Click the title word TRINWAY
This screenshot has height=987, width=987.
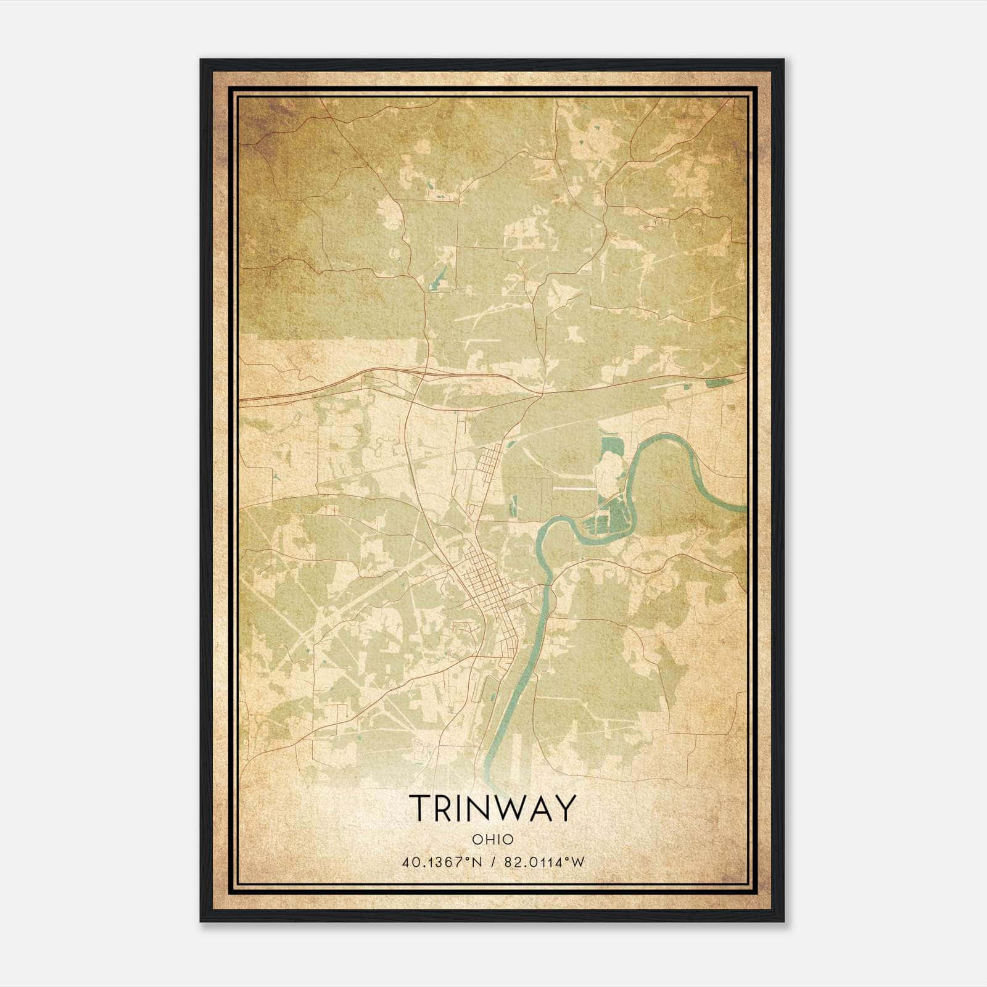pos(492,807)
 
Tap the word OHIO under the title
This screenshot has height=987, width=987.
pos(492,839)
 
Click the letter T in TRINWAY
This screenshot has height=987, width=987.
pos(419,807)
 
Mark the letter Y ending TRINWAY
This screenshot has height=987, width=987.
pos(566,807)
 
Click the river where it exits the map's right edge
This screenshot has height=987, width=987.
pos(740,508)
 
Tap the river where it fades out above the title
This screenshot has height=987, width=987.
pos(490,771)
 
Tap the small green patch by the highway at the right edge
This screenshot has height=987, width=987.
pos(716,382)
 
